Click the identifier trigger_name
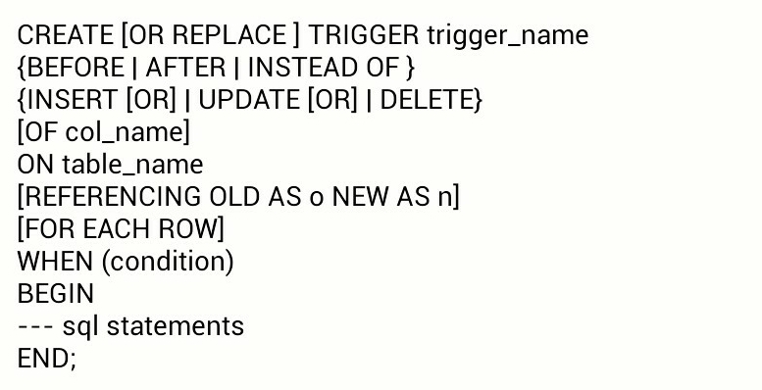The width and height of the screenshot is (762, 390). click(508, 36)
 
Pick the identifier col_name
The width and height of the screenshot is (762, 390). click(126, 132)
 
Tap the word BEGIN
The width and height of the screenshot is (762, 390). click(55, 293)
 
